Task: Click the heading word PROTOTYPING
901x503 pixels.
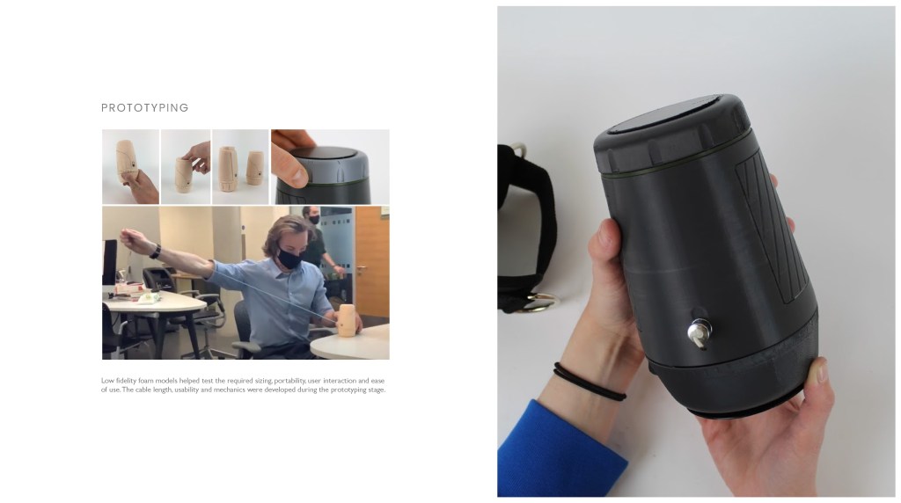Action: point(145,108)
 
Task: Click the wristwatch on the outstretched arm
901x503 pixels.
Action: point(155,251)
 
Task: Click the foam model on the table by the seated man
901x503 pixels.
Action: point(347,320)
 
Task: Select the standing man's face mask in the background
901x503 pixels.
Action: point(314,219)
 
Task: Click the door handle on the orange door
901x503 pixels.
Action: point(360,269)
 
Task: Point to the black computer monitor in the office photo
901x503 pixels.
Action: point(109,262)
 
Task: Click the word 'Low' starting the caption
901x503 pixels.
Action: point(107,381)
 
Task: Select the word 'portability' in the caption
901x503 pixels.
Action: point(289,381)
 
